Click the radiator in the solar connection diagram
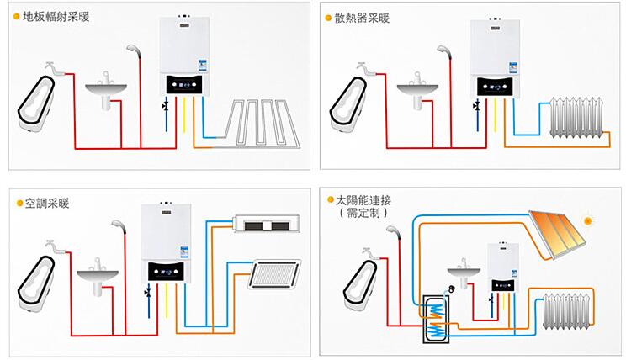pos(572,311)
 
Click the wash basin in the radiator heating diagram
pos(415,89)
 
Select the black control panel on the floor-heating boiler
pos(183,85)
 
